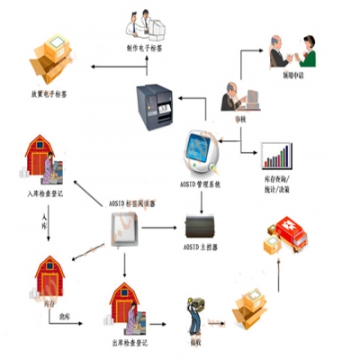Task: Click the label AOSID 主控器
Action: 202,243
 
